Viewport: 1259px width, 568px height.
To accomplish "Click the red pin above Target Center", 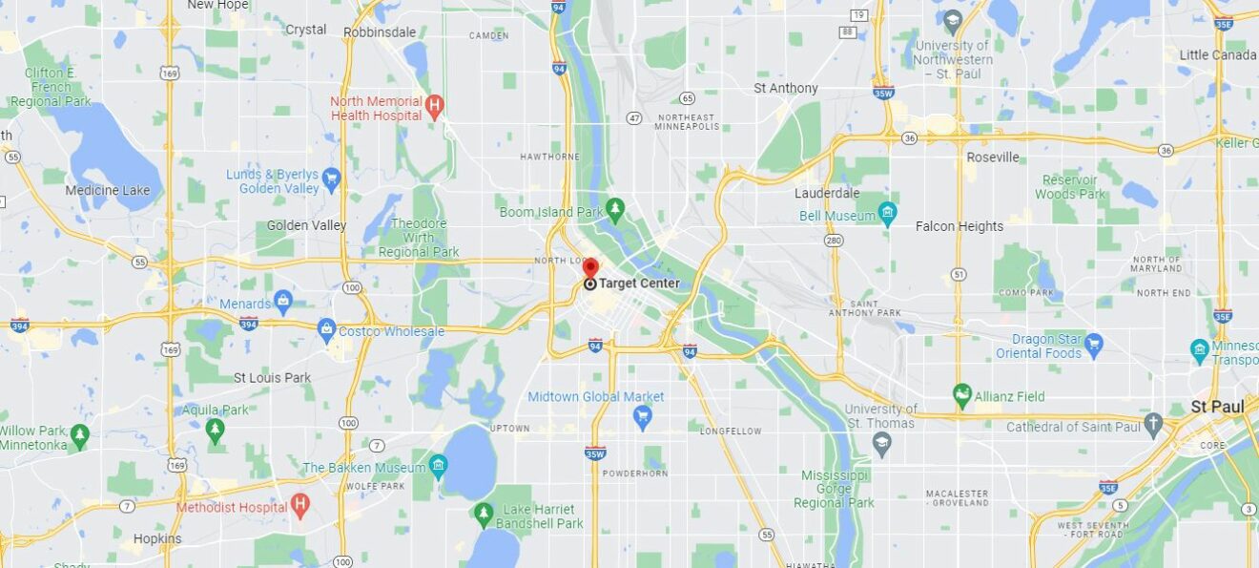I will tap(590, 266).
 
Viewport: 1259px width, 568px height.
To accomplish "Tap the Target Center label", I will tap(639, 284).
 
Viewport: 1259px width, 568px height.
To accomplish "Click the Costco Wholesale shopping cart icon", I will tap(327, 330).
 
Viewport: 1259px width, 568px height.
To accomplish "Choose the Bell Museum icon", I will tap(888, 215).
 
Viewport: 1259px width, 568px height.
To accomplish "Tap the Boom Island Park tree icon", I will tap(615, 208).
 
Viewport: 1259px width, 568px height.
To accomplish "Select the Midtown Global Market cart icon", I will tap(643, 415).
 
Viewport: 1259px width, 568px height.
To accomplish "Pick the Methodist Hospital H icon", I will tap(300, 505).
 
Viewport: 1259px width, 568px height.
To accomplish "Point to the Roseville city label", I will tap(992, 157).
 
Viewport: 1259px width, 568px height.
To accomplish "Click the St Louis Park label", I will tap(273, 377).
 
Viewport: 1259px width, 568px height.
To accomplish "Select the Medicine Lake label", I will tap(107, 190).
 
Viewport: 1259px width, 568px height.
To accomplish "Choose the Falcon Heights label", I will tap(959, 226).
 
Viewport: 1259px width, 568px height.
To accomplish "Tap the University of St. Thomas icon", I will tap(882, 442).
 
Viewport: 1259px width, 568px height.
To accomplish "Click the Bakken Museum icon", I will tap(439, 467).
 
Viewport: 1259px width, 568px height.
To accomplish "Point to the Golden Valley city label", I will tap(306, 225).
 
